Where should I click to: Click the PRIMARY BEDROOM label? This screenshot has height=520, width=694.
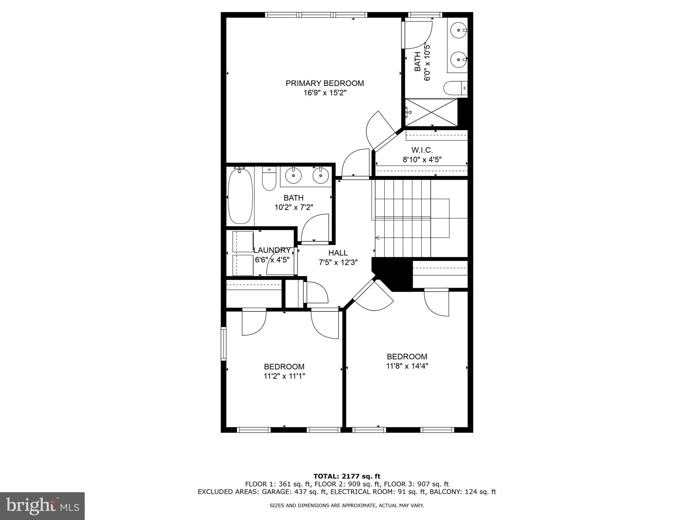[325, 83]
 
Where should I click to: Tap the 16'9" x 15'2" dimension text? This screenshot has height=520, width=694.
[325, 93]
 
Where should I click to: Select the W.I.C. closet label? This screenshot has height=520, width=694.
[422, 150]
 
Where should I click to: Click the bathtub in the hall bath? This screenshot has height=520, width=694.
[240, 196]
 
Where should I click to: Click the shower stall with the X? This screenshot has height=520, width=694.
[431, 112]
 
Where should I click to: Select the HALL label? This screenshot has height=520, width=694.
[338, 253]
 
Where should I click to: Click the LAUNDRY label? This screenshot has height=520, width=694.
[272, 251]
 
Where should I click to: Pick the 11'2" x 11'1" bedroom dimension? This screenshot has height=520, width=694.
[284, 376]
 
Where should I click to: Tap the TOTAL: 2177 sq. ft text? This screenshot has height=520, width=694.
[347, 477]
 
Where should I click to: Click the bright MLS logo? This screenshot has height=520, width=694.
[42, 506]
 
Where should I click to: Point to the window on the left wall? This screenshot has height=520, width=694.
[223, 343]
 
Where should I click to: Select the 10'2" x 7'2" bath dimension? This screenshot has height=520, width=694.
[293, 207]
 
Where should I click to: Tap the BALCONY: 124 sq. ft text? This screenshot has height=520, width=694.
[463, 492]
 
